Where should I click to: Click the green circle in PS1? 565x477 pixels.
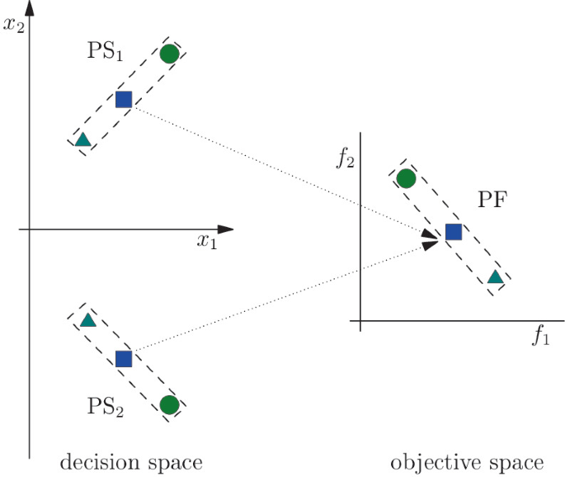[x=169, y=54]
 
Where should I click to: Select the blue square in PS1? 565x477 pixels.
[x=124, y=100]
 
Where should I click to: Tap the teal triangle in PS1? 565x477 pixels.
[x=82, y=139]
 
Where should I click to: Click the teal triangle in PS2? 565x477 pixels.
[x=88, y=319]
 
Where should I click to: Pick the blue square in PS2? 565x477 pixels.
[x=124, y=358]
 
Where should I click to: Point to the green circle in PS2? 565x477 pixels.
[x=169, y=404]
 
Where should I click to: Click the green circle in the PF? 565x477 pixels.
[x=405, y=178]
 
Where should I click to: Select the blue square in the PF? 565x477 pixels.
[x=453, y=232]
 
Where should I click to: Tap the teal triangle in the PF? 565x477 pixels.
[x=495, y=277]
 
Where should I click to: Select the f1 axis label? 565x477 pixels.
[x=540, y=336]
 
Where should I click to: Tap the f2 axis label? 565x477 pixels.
[x=346, y=158]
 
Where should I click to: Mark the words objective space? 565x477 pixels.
[x=468, y=462]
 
